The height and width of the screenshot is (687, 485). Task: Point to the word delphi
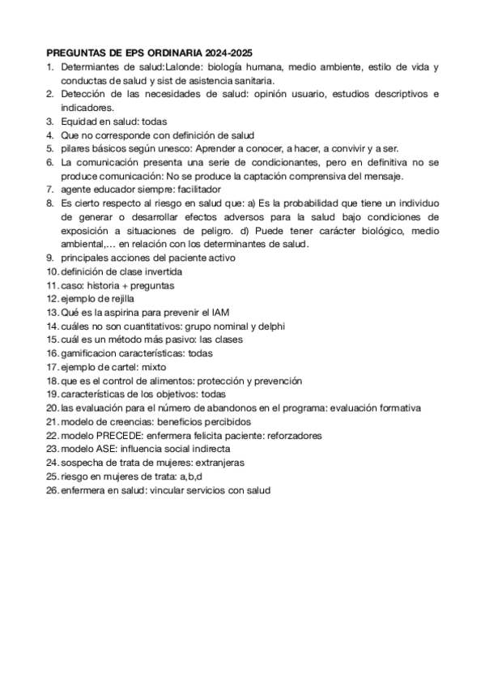point(266,326)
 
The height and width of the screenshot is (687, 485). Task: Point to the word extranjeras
point(216,463)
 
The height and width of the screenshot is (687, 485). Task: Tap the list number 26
point(52,490)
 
